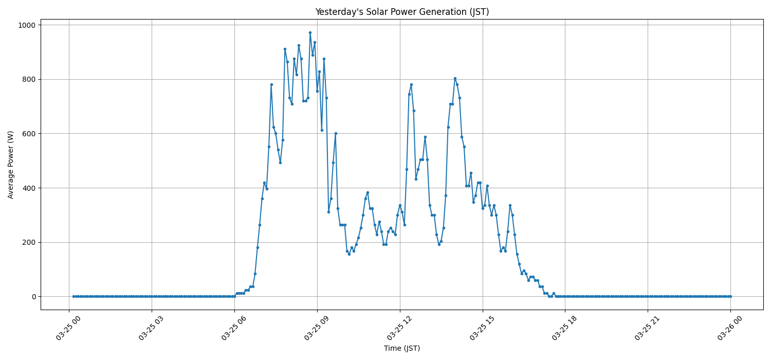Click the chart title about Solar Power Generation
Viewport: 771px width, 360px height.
[402, 12]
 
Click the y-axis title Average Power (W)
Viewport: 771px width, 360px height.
[11, 165]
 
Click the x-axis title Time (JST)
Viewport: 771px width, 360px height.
[402, 348]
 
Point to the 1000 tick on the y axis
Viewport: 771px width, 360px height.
[27, 25]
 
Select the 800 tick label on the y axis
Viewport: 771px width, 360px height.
[29, 79]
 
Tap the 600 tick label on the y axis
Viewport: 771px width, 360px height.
[29, 134]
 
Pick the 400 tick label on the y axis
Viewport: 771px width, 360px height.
[29, 188]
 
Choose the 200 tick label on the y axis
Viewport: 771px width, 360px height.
[29, 242]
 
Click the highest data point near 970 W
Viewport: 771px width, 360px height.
[310, 32]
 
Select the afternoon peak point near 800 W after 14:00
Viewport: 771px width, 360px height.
[455, 78]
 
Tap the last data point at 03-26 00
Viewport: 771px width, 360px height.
[730, 296]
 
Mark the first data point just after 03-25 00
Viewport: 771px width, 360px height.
[74, 296]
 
